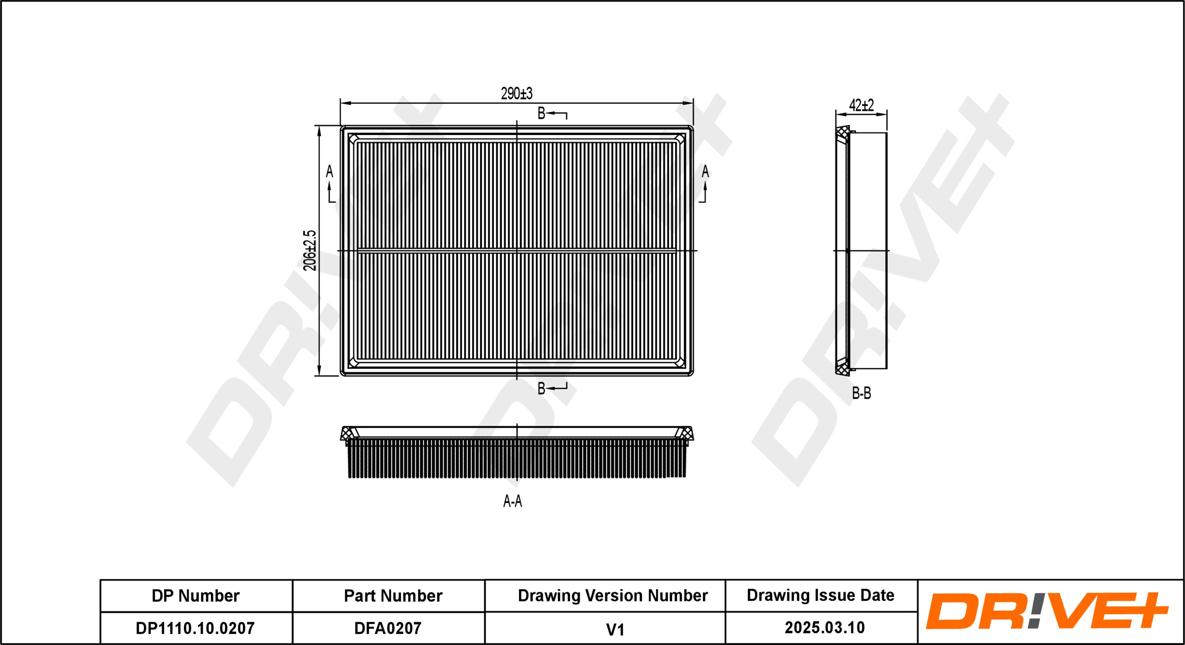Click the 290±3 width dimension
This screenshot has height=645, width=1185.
point(517,93)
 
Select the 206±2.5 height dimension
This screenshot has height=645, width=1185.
point(310,251)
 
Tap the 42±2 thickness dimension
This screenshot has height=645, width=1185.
point(861,105)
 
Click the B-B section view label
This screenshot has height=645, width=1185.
point(861,393)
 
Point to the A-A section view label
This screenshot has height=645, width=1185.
point(512,501)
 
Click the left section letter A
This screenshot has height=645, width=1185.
point(329,171)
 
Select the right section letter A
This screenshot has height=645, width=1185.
point(705,171)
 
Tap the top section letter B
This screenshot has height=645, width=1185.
point(541,113)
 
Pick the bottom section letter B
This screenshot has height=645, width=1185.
point(541,389)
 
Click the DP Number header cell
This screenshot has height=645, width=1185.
point(195,596)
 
